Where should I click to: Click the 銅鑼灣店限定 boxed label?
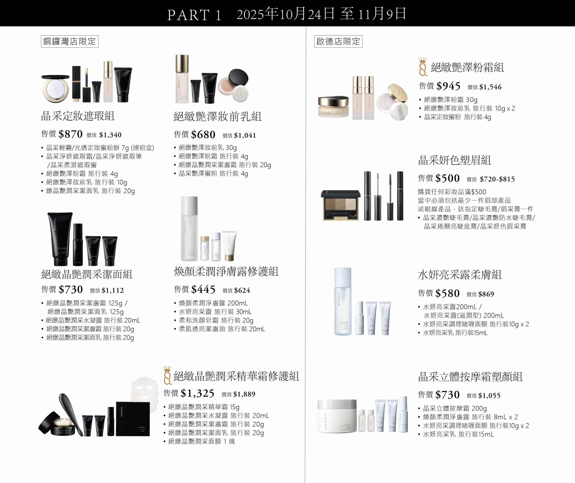(70, 42)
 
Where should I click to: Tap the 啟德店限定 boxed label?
(338, 42)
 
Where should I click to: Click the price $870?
(71, 134)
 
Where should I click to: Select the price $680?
(203, 135)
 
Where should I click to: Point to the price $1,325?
(197, 394)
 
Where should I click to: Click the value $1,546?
(490, 87)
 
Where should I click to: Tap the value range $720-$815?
(497, 179)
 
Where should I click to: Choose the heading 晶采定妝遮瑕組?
(78, 116)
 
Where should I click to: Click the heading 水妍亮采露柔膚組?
(460, 275)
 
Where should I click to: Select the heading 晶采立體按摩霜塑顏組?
(470, 377)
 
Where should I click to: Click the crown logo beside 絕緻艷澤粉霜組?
(423, 67)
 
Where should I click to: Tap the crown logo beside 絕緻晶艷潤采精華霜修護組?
(167, 375)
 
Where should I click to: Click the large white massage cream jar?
(337, 416)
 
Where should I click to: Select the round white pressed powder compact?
(56, 88)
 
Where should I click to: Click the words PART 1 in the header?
(194, 15)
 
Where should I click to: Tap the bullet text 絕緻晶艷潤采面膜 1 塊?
(201, 441)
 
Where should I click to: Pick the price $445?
(203, 289)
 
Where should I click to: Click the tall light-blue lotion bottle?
(343, 301)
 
